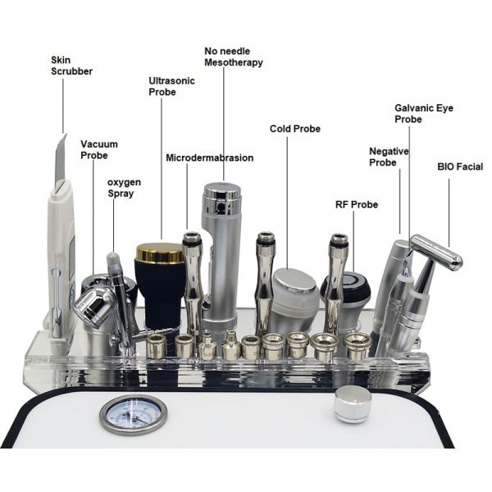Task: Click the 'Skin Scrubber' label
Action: coord(71,66)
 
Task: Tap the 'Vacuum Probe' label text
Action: coord(93,149)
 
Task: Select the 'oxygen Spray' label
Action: coord(121,188)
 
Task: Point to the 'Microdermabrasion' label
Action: coord(209,157)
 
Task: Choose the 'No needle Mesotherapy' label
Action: coord(234,57)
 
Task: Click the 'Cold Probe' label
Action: coord(294,129)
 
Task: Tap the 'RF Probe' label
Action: coord(357,204)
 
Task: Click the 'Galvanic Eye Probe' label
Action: coord(423,113)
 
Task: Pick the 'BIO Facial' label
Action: coord(459,166)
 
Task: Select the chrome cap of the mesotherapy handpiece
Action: coord(221,194)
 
